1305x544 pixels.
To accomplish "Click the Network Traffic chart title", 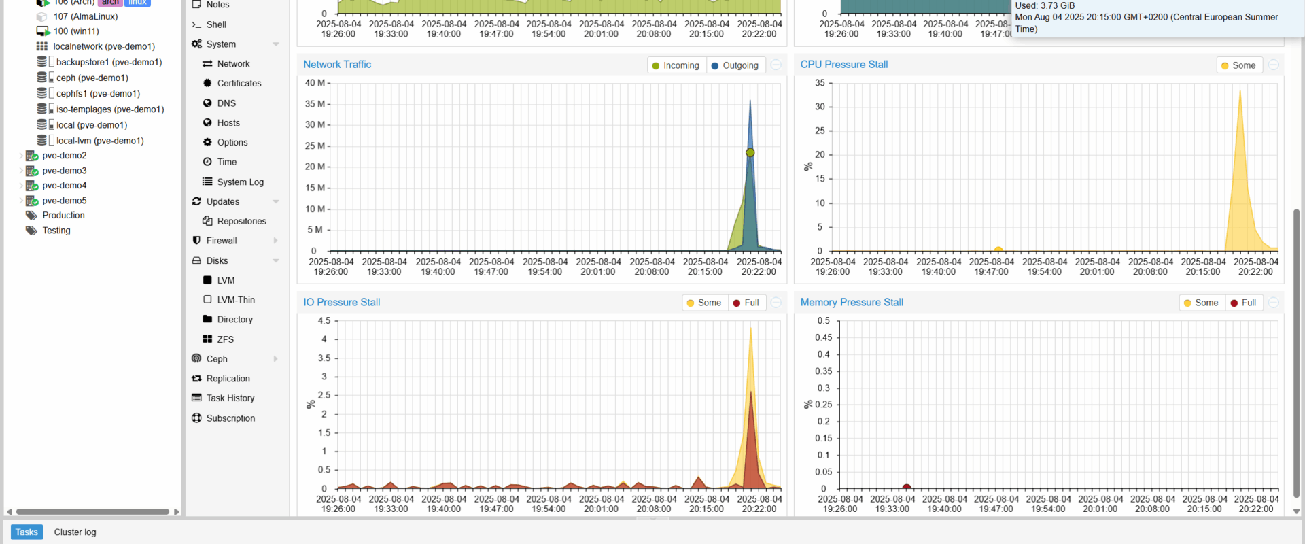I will tap(337, 65).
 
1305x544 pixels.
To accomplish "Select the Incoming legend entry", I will tap(675, 65).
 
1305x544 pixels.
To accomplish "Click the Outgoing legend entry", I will tap(735, 65).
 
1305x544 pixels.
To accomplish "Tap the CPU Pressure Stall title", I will tap(843, 65).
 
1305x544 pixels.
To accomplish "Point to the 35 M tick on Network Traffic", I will tap(315, 104).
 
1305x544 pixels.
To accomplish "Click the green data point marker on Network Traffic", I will tap(750, 153).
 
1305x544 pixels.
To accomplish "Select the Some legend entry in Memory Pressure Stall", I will tap(1201, 303).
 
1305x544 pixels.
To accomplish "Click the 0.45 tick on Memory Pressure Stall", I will tap(823, 337).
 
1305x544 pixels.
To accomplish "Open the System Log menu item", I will tap(240, 182).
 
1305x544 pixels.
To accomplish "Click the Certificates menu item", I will tap(239, 84).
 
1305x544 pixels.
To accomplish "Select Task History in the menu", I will tap(230, 398).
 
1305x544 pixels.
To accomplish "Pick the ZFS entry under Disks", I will tap(225, 339).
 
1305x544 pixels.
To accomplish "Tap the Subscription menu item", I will tap(230, 418).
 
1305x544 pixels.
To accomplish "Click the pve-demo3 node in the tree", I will tap(64, 171).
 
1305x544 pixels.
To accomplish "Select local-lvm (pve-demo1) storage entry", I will tap(99, 141).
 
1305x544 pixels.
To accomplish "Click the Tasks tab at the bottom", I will tap(27, 532).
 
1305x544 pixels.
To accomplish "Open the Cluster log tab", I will tap(75, 532).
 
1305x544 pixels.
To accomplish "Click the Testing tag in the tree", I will tap(56, 231).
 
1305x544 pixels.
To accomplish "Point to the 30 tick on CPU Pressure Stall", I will tap(820, 107).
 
